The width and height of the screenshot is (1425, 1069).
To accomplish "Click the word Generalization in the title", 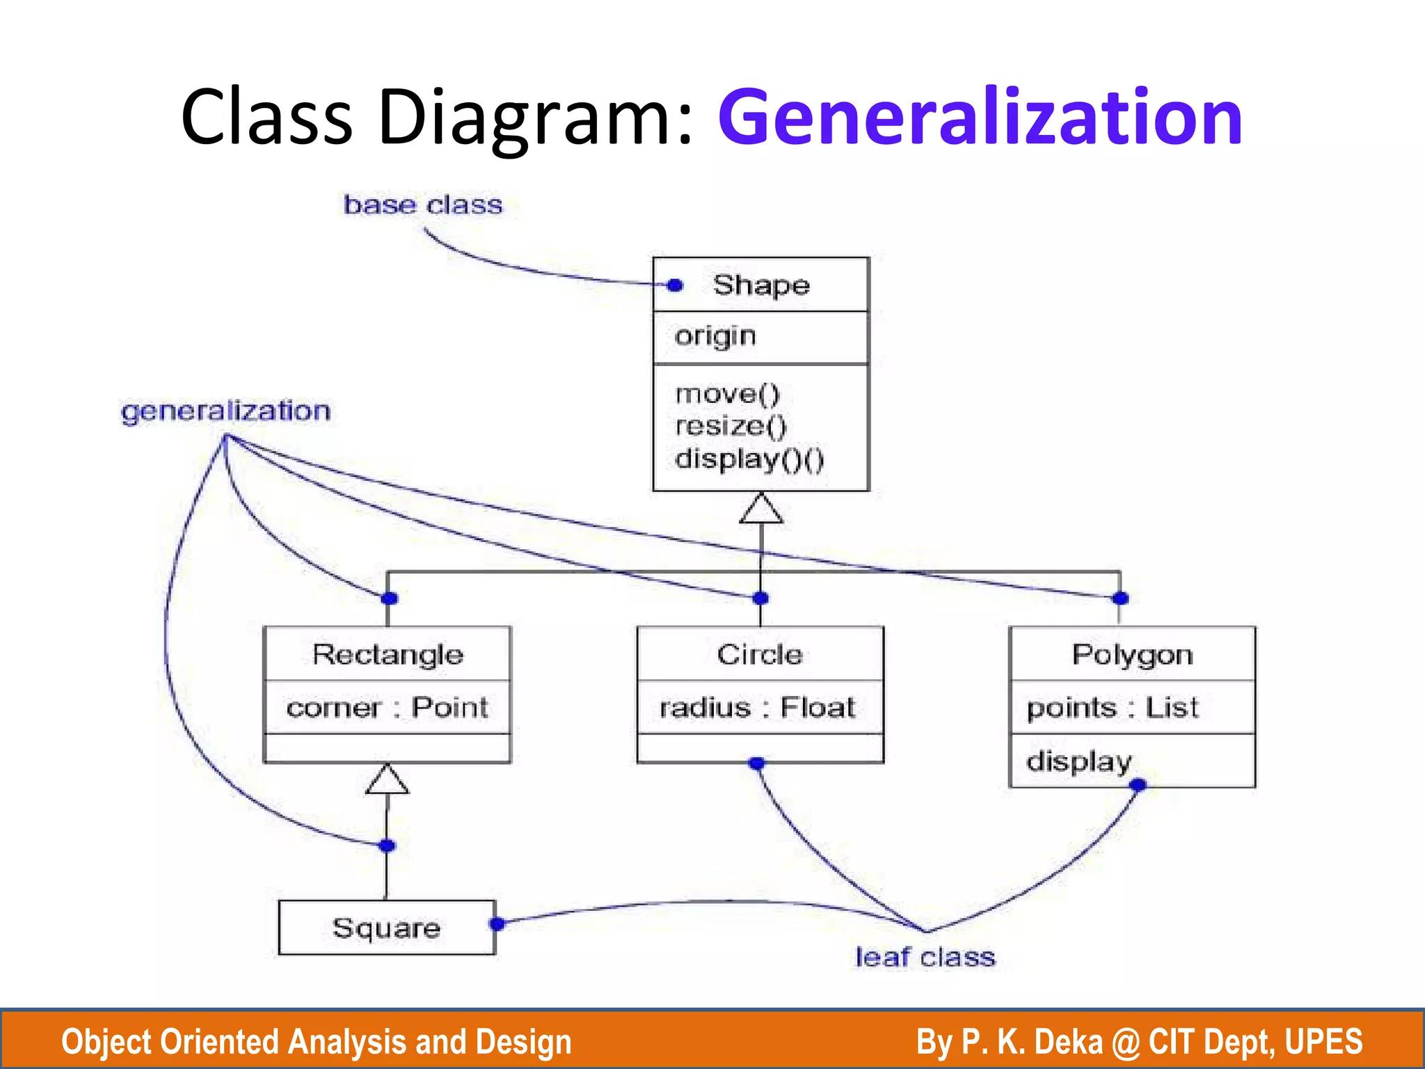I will [x=980, y=117].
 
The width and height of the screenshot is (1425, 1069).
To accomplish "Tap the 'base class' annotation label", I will [x=423, y=205].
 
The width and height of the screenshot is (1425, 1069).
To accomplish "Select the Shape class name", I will [x=761, y=285].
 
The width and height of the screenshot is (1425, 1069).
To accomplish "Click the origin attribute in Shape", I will [x=715, y=337].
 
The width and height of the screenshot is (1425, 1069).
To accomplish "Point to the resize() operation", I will [x=731, y=426].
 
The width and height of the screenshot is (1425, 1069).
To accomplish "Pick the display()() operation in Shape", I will [x=749, y=459].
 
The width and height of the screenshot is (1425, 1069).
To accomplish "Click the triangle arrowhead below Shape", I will [x=761, y=509].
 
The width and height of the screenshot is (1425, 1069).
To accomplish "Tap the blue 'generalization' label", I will [x=225, y=411].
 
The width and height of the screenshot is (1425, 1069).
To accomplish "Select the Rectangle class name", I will [x=388, y=655].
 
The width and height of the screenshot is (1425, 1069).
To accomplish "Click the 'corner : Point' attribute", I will [x=388, y=708].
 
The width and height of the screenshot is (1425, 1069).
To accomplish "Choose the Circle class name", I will [x=760, y=655].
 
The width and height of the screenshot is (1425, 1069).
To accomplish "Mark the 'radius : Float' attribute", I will [x=757, y=708].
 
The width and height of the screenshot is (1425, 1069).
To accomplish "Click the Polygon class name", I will [x=1132, y=655].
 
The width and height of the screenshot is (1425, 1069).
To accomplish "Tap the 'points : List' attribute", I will [x=1113, y=708].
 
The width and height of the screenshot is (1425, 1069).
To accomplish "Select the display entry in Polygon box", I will [x=1079, y=761].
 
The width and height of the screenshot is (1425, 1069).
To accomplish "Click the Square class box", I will [x=387, y=928].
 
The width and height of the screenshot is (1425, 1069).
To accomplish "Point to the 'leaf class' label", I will [x=925, y=958].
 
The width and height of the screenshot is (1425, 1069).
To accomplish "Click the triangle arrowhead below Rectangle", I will [x=388, y=780].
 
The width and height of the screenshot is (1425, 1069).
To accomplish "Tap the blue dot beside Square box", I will [x=497, y=924].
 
